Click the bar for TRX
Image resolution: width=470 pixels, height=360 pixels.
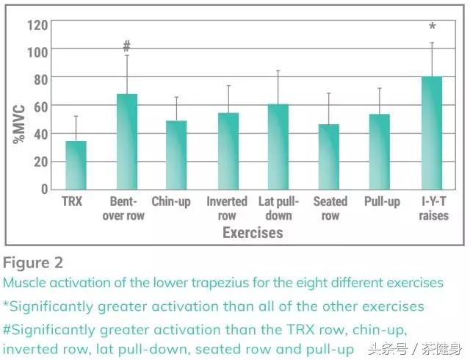tap(76, 165)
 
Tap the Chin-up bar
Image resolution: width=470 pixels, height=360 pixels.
tap(176, 154)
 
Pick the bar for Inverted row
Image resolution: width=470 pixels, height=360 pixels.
tap(228, 151)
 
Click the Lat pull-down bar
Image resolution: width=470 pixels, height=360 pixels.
tap(278, 146)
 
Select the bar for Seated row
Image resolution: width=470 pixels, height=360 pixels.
tap(329, 156)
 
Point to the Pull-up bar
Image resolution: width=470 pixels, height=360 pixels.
tap(379, 151)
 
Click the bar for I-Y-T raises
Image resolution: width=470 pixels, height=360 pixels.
tap(431, 132)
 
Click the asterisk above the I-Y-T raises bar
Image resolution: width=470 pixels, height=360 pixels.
tap(432, 28)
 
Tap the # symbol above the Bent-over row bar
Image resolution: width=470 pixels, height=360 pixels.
tap(127, 46)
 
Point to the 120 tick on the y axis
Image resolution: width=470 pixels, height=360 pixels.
tap(38, 24)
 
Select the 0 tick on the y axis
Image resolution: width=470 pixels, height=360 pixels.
tap(45, 189)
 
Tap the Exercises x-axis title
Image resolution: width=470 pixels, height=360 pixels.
tap(253, 233)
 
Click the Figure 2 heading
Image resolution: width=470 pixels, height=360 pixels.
tap(34, 262)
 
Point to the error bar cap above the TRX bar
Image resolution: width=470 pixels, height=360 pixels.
tap(76, 116)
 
